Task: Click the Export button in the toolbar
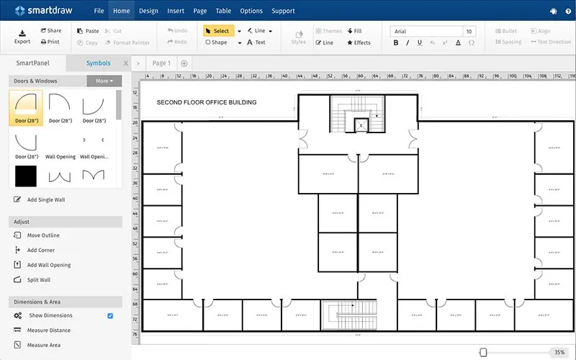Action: (22, 36)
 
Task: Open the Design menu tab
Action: (148, 11)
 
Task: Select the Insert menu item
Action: (175, 11)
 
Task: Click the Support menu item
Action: (283, 11)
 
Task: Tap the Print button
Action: (50, 42)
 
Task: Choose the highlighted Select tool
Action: (217, 31)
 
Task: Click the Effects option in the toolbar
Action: (359, 42)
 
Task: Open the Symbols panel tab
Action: (99, 63)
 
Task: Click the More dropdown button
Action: (104, 81)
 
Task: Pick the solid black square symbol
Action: (26, 175)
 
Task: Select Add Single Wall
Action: (45, 199)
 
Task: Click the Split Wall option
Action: (39, 280)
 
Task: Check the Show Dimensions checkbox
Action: (110, 315)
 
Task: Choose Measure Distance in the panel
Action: (49, 330)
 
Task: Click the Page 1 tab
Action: (161, 63)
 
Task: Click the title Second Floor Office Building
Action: (207, 102)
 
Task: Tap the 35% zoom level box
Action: (559, 352)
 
